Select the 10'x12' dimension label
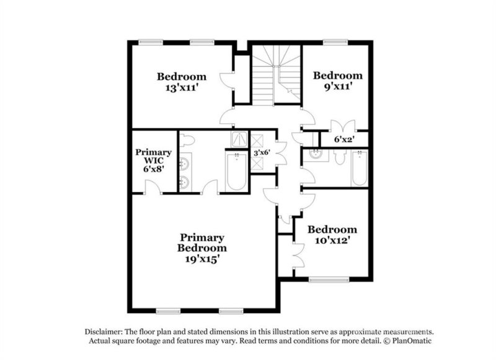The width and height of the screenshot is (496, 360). click(332, 240)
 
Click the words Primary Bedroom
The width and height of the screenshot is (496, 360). click(202, 242)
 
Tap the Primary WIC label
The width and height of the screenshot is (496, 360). click(154, 157)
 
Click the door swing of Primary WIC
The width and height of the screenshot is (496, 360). click(149, 186)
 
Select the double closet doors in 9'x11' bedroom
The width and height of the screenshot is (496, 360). click(339, 125)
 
